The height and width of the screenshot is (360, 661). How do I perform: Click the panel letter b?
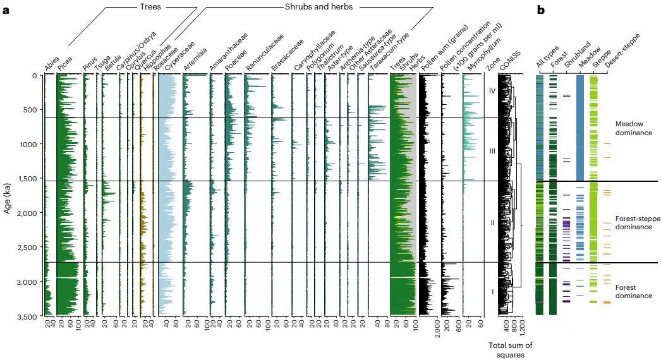tap(541, 11)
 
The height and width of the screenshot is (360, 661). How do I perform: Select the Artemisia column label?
tap(191, 62)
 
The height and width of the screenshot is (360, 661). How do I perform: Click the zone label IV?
tap(492, 91)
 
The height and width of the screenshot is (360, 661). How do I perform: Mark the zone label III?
tap(492, 152)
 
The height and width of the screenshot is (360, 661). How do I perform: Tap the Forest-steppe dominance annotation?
tap(637, 223)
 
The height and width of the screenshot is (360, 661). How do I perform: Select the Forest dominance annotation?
tap(634, 291)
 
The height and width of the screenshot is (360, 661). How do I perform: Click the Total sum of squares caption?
tap(511, 349)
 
